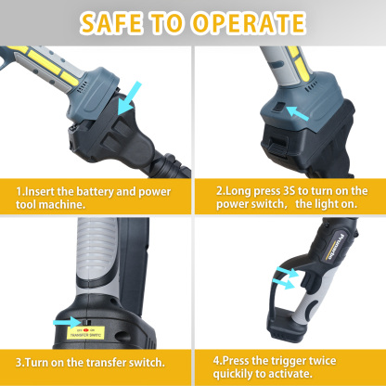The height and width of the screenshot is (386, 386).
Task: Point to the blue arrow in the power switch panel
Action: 298,115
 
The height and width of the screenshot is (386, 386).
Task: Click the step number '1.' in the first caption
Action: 19,190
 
